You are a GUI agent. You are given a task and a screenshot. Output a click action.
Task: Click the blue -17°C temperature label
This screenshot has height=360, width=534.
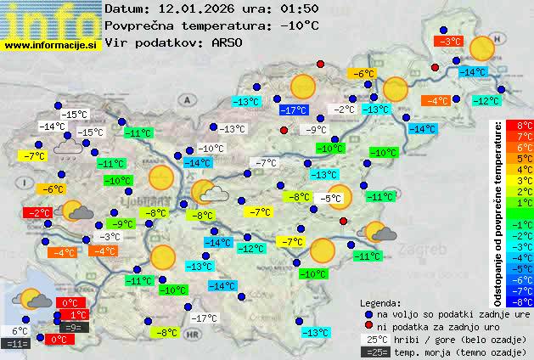294,110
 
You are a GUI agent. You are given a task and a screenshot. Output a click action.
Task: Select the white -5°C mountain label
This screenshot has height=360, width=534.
329,198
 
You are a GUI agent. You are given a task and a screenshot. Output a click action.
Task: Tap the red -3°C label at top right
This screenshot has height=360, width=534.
447,41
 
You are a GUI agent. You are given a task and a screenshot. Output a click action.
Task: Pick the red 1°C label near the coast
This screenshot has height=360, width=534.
73,315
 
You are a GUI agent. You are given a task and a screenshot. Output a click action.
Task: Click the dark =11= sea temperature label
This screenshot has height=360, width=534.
17,344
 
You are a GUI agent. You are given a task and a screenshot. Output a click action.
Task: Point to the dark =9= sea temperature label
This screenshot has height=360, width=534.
73,327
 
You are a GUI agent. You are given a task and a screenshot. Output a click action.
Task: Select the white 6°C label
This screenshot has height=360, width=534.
19,331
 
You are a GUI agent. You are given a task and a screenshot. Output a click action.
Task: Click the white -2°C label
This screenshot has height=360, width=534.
343,110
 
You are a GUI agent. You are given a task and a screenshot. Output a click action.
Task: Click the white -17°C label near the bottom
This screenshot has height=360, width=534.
203,318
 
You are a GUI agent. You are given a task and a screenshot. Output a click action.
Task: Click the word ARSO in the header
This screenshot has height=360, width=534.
229,42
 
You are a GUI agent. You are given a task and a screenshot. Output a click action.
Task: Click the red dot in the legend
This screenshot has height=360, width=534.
368,326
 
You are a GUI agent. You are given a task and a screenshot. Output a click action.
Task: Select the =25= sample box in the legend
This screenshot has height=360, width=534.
378,352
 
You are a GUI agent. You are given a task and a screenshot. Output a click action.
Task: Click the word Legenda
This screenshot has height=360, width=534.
381,302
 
